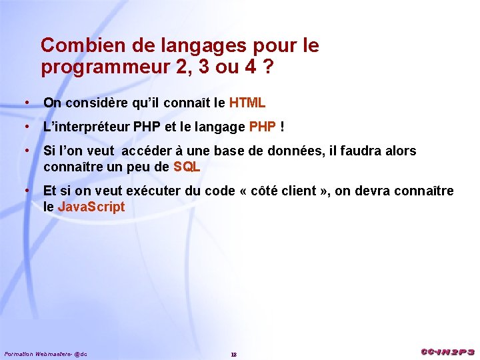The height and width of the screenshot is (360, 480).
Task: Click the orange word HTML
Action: [x=247, y=103]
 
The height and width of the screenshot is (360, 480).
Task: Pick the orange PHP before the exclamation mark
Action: [x=262, y=127]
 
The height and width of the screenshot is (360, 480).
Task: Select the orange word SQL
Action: [x=187, y=167]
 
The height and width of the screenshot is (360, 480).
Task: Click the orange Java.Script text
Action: [x=91, y=207]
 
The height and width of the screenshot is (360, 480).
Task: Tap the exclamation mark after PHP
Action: [x=283, y=127]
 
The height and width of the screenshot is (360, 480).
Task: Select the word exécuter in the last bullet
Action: [x=153, y=191]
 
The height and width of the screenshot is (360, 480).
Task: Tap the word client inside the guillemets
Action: [x=299, y=191]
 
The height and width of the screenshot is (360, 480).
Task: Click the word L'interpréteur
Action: [x=87, y=127]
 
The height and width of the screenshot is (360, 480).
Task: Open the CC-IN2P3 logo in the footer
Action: [x=447, y=351]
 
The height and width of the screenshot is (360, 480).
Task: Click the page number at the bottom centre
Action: [x=233, y=354]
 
